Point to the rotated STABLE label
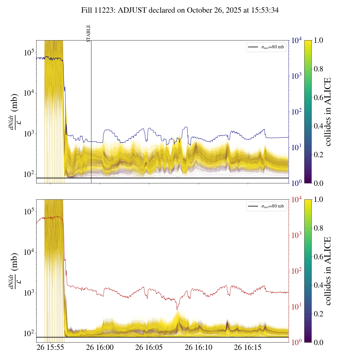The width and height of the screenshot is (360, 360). pos(89,33)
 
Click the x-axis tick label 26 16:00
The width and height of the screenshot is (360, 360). pos(100,347)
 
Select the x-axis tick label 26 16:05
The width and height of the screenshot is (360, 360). pos(149,347)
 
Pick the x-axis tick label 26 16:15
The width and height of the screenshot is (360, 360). pos(248,347)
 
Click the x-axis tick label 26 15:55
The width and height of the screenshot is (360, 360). pos(51,347)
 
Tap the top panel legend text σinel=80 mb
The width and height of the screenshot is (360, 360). pos(273,47)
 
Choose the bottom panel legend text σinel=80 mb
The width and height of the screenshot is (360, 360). pos(273,206)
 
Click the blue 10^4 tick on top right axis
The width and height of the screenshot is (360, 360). pos(297,40)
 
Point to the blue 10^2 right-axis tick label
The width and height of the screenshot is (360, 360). pos(297,112)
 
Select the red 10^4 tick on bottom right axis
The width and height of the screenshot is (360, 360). pos(297,199)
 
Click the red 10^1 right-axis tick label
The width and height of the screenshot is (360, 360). pos(297,307)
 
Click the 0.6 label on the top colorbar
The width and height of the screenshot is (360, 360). pos(318,98)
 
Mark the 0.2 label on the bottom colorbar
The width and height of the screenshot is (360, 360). pos(318,314)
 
